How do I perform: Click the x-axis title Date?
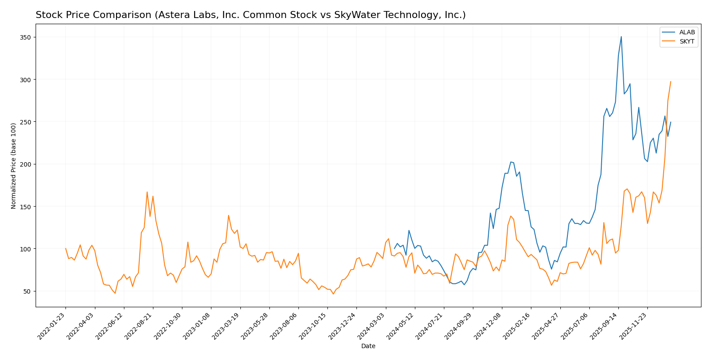point(368,346)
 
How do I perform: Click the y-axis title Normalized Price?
point(14,166)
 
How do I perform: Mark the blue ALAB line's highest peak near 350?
point(621,36)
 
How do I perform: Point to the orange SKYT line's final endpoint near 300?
point(671,81)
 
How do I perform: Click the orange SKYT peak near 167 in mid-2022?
point(147,192)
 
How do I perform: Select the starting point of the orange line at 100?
point(65,248)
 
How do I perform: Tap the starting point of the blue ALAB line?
point(394,249)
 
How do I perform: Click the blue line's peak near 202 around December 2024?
point(511,162)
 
